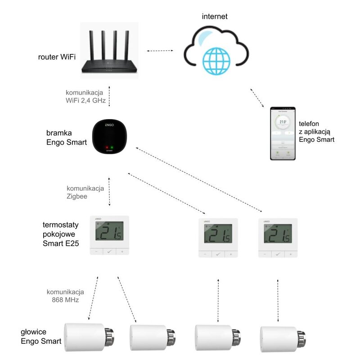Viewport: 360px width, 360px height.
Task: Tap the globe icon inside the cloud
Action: point(216,60)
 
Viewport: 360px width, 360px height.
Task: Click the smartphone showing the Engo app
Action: point(283,133)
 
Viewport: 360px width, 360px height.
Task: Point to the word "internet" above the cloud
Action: point(215,17)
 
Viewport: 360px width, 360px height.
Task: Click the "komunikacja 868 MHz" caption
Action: point(65,294)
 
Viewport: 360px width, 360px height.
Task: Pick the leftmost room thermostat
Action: point(109,235)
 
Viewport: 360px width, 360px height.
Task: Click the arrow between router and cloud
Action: point(160,51)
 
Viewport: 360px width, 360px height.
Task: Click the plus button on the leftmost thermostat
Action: point(122,252)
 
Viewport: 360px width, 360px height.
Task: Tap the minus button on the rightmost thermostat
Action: point(265,254)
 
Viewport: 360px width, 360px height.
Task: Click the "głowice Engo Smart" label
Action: point(40,336)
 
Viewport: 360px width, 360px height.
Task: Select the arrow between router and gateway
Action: point(109,96)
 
